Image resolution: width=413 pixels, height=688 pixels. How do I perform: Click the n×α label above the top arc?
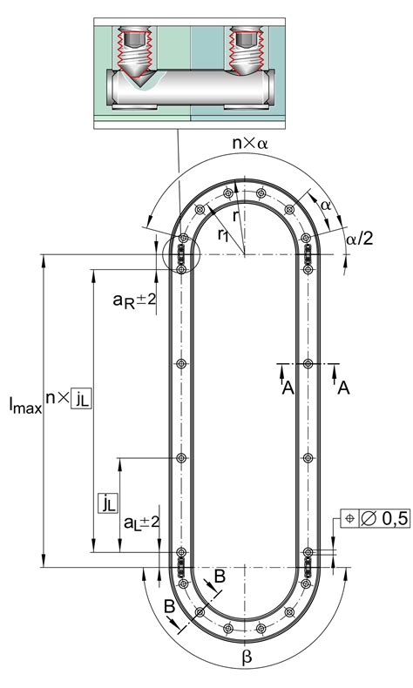(x=250, y=143)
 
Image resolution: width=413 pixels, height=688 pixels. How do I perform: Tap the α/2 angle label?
(x=360, y=239)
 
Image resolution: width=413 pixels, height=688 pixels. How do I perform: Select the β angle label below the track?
(x=247, y=658)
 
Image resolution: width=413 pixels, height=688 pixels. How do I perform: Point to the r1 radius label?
(x=223, y=235)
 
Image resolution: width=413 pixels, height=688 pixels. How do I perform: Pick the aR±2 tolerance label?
(x=134, y=300)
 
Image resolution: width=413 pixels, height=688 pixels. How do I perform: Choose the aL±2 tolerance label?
(x=141, y=523)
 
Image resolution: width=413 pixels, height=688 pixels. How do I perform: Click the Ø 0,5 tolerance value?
(x=385, y=519)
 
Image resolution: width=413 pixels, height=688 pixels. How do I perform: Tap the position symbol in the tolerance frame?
(x=349, y=519)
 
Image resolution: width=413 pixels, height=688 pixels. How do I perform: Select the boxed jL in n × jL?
(x=82, y=398)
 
